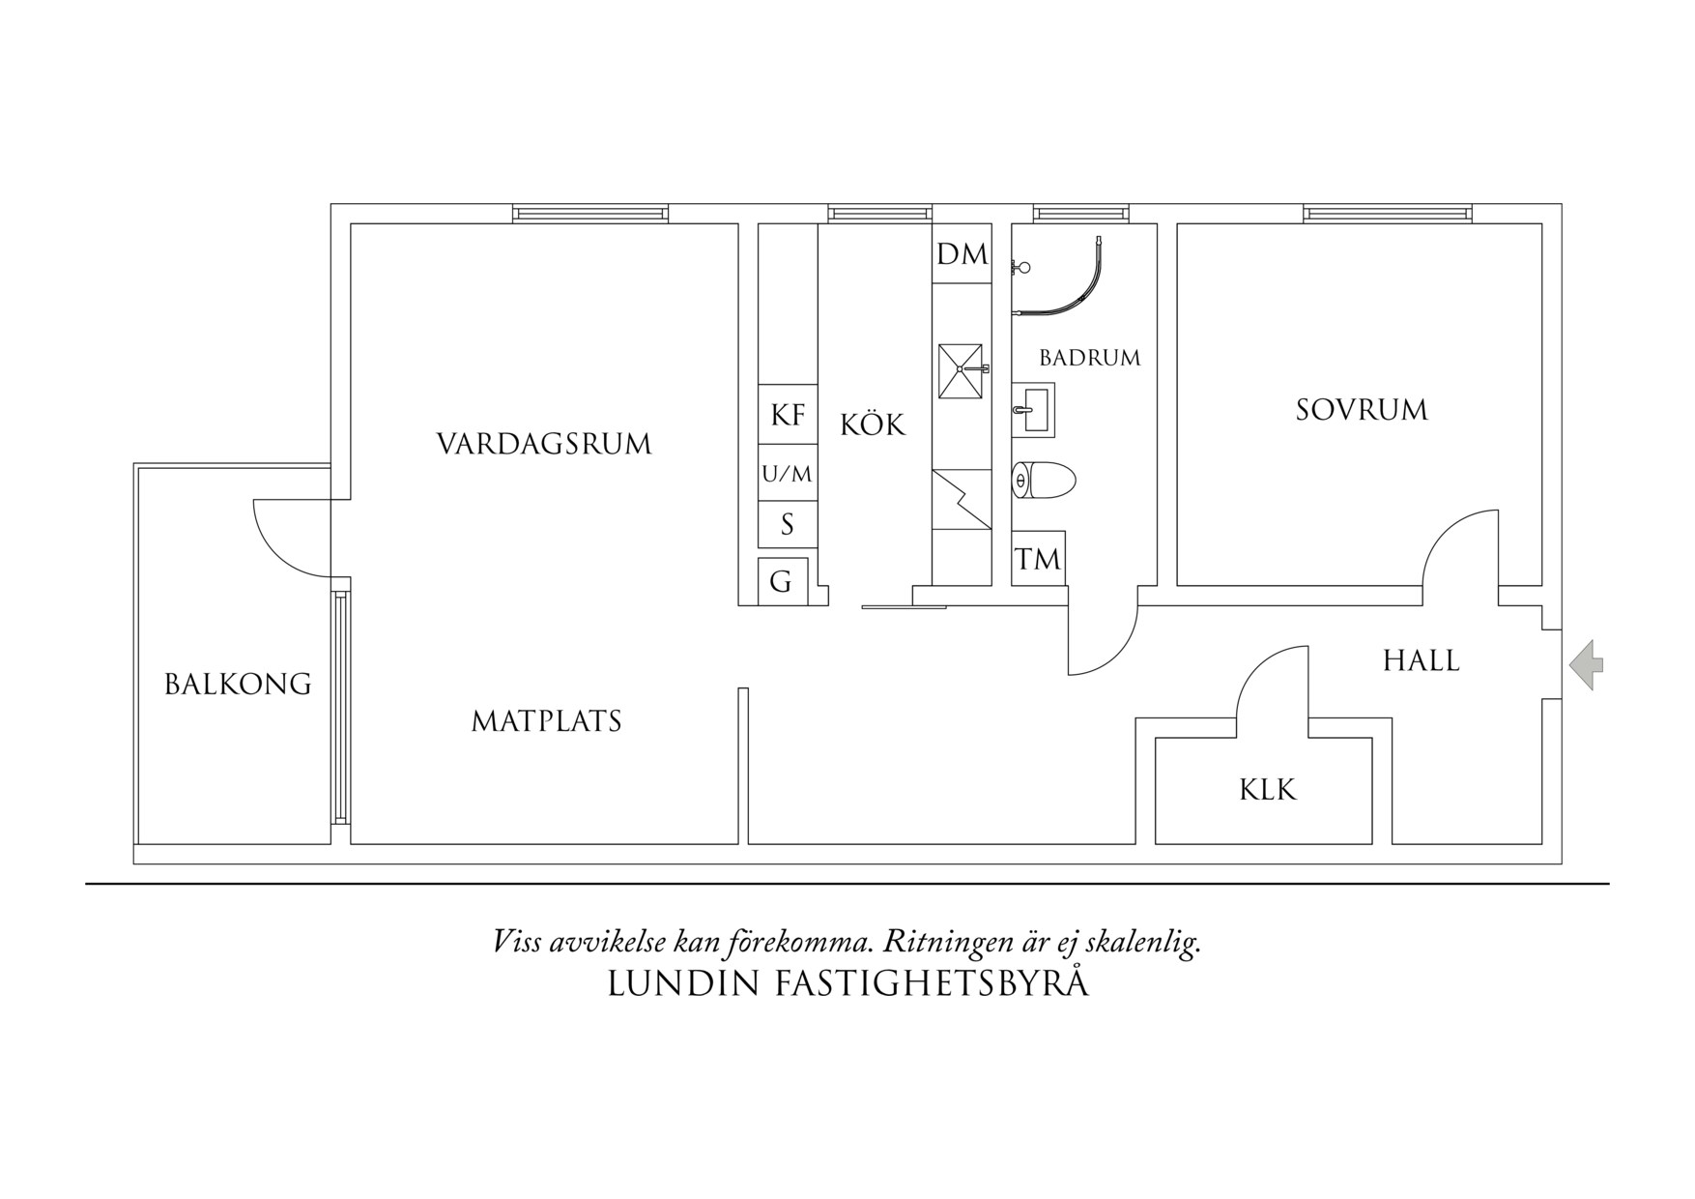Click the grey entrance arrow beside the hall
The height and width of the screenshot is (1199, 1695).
pos(1587,664)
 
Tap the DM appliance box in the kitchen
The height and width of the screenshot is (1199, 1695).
pos(962,254)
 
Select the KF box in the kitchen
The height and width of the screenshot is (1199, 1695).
pos(788,415)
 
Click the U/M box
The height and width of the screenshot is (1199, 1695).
pos(788,474)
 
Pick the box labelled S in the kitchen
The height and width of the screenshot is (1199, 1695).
pos(788,525)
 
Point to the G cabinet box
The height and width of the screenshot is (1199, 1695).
pos(782,581)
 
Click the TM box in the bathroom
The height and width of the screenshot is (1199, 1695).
pos(1038,559)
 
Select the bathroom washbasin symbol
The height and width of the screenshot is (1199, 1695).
pos(1033,410)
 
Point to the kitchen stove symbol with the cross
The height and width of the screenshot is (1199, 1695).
pos(960,370)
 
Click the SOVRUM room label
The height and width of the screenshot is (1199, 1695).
pos(1361,410)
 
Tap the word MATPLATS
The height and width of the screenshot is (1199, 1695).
pos(546,721)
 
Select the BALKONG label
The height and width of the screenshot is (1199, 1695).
pos(238,685)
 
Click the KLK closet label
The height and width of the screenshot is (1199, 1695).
pos(1267,790)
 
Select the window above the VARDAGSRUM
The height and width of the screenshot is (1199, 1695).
pos(589,214)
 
